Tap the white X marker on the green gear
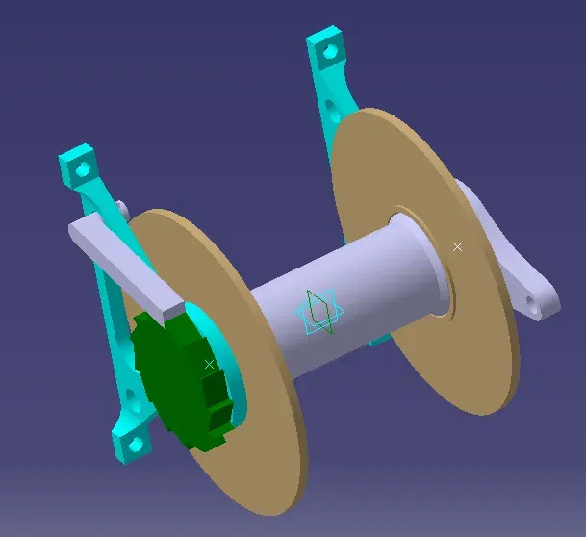click(209, 364)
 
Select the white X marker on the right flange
click(457, 247)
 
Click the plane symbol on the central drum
click(318, 312)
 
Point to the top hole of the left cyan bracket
click(84, 167)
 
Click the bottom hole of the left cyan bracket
click(135, 444)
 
